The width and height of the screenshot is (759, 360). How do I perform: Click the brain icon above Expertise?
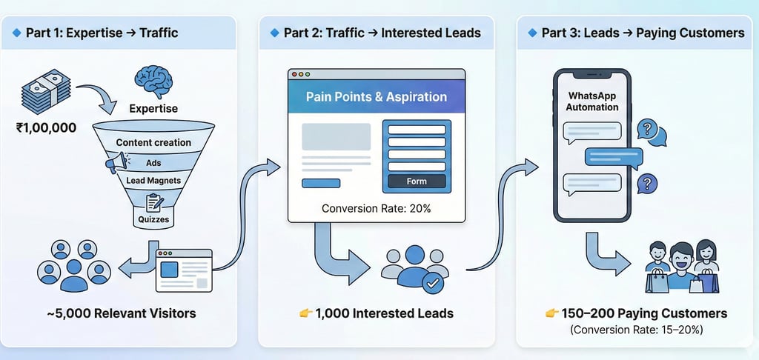point(155,81)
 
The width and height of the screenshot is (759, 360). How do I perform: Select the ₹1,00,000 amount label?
point(46,128)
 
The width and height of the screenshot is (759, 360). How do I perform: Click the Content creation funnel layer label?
point(153,142)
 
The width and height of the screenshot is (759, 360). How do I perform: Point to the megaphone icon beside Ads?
point(116,162)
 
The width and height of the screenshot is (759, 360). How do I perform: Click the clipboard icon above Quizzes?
point(154,202)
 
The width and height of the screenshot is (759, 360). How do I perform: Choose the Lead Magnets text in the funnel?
point(153,180)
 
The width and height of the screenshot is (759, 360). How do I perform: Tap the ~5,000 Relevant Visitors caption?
point(121,313)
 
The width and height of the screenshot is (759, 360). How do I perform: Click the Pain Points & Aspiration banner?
point(377,97)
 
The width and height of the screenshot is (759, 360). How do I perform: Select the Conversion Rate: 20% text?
point(377,209)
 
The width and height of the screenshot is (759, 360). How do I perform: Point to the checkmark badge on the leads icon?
point(433,282)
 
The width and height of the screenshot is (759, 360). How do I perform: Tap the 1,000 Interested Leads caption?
point(384,313)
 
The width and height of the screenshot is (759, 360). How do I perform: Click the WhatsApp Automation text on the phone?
point(592,101)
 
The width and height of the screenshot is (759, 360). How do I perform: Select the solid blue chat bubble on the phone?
point(613,156)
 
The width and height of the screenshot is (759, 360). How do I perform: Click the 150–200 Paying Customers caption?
point(643,313)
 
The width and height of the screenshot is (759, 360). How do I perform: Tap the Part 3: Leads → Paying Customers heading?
point(643,33)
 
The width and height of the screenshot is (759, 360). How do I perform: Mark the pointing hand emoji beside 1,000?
point(305,313)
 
